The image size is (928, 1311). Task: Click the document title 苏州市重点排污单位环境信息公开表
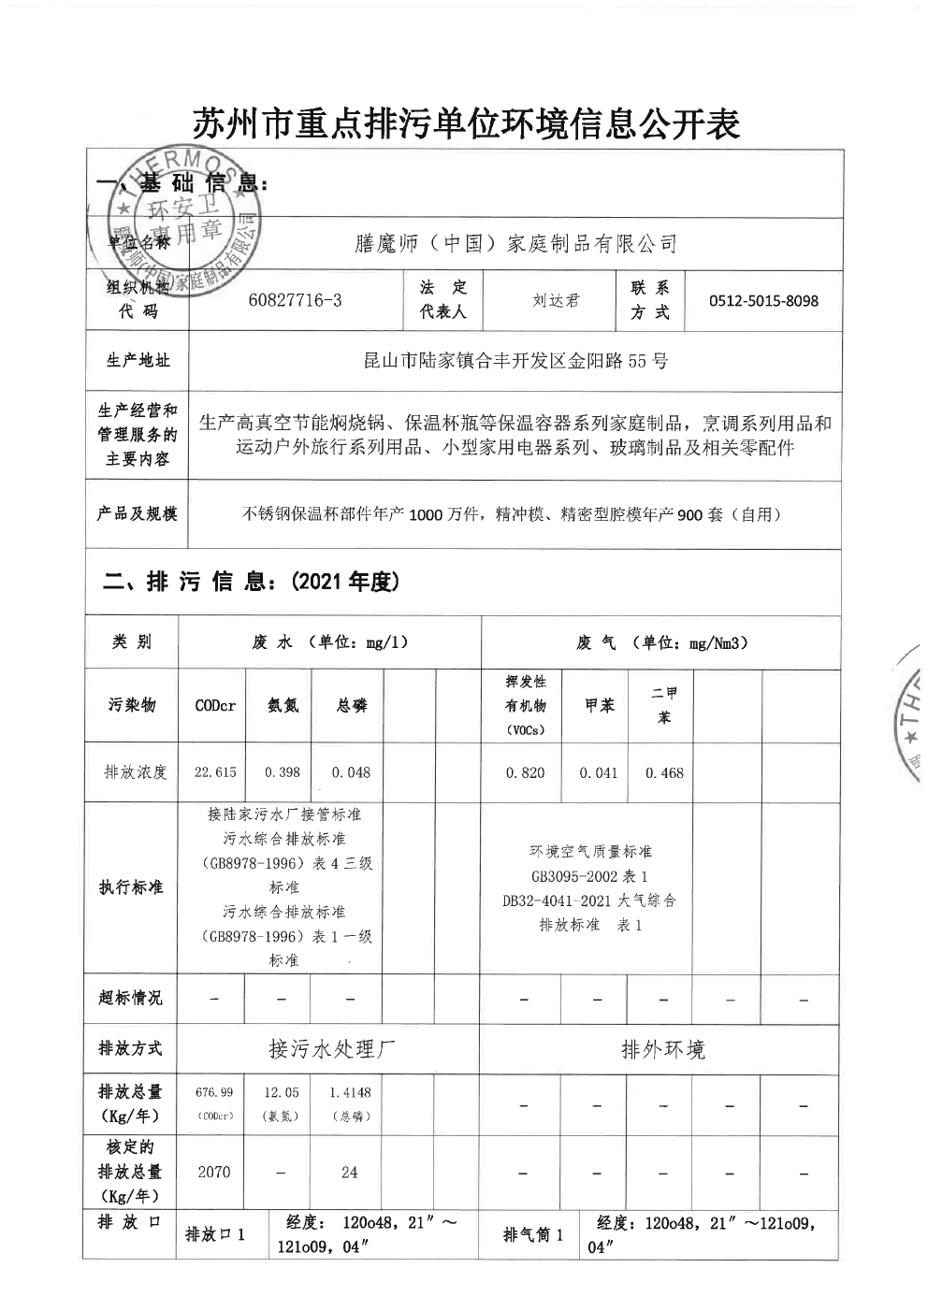point(465,123)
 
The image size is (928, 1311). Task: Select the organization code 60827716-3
point(296,300)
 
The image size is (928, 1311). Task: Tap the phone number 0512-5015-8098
point(763,301)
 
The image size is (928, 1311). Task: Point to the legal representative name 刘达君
point(556,301)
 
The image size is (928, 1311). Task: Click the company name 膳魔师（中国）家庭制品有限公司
point(511,245)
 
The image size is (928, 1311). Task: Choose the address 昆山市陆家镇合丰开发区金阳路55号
point(515,361)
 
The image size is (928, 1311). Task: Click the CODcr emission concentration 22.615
point(215,772)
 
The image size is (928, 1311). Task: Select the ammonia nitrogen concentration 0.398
point(283,772)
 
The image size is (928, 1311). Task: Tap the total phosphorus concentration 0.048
point(351,772)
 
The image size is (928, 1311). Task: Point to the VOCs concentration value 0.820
point(525,772)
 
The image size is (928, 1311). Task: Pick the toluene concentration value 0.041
point(599,772)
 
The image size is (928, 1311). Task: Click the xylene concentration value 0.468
point(664,772)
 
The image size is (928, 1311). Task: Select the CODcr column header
point(215,706)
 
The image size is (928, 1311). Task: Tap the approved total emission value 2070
point(213,1172)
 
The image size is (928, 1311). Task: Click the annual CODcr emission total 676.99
point(213,1092)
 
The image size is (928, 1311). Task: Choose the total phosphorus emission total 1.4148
point(350,1092)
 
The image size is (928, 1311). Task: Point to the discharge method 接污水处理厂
point(327,1050)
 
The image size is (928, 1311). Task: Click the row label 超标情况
point(130,998)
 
